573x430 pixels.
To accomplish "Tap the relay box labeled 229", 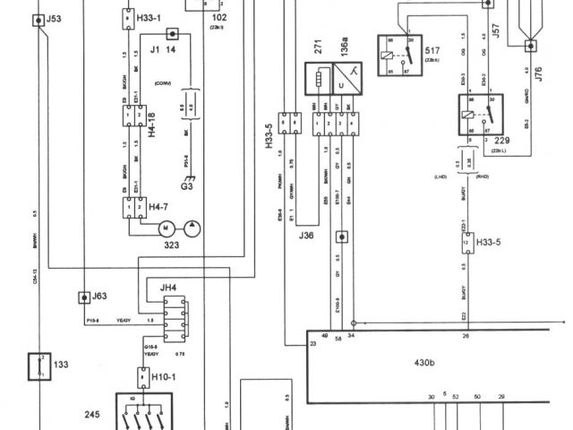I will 475,116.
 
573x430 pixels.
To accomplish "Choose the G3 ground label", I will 186,189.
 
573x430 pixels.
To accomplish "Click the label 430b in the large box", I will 424,362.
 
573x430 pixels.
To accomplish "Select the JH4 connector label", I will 168,288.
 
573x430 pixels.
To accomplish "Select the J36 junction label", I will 306,236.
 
